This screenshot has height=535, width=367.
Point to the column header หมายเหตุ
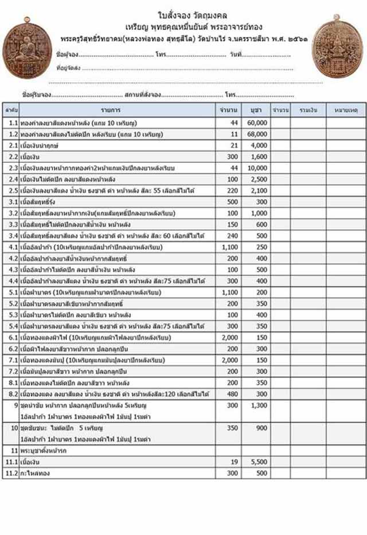(x=346, y=109)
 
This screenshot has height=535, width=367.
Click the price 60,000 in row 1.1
(x=257, y=123)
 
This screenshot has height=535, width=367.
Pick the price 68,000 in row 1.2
(x=257, y=134)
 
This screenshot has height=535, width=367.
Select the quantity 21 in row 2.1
(x=234, y=146)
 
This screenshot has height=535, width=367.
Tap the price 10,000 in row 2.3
(x=257, y=168)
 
